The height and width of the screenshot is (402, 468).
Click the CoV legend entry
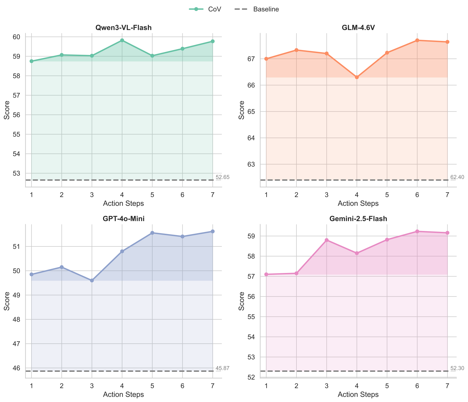coord(206,9)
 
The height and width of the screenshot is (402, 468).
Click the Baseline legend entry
coord(257,9)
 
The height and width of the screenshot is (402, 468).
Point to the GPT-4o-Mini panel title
coord(123,219)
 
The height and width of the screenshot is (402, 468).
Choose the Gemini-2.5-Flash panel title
coord(358,219)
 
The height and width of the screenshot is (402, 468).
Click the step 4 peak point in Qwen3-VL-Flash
coord(122,40)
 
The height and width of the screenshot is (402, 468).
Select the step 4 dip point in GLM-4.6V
coord(357,77)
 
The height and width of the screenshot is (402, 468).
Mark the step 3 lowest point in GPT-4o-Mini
coord(92,280)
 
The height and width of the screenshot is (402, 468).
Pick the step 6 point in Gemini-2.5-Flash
coord(417,231)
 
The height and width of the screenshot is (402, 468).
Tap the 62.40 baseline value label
coord(457,177)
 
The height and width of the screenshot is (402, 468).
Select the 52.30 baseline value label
coord(457,368)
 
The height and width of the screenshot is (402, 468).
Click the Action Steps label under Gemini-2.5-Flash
coord(358,395)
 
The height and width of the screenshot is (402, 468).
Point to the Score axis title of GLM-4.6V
coord(241,110)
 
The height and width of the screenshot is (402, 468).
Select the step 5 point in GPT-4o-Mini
coord(152,233)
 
